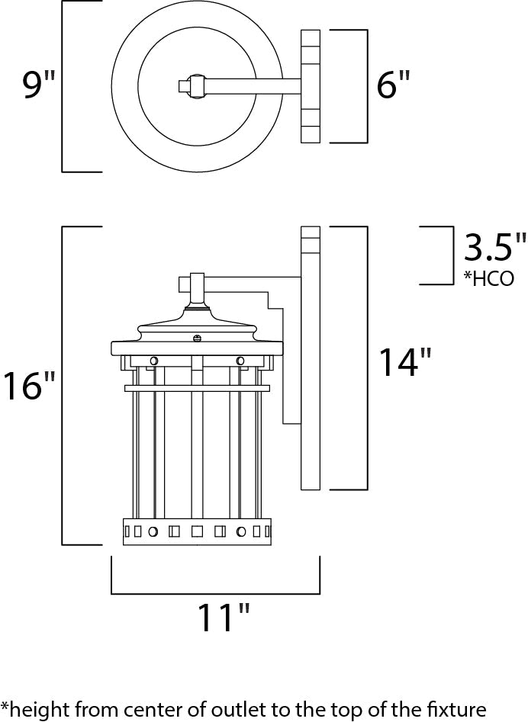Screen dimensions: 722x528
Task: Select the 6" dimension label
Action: pos(393,85)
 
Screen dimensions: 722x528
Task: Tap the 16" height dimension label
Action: pos(30,386)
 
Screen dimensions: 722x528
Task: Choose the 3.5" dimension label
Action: pos(495,249)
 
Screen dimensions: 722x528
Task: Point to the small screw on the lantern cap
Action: pos(197,338)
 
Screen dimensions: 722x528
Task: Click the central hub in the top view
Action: pos(196,85)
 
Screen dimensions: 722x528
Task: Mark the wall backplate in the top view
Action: pos(310,85)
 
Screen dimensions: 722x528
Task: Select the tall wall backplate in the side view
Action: pos(311,358)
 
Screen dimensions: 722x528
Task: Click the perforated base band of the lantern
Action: pos(197,531)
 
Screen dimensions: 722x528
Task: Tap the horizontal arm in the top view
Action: pos(252,85)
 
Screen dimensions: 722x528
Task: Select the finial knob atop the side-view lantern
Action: pos(197,283)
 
